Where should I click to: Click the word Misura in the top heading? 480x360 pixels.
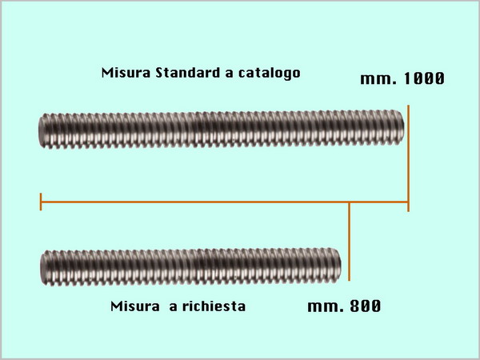click(x=126, y=73)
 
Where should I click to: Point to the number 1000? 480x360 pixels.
click(x=424, y=78)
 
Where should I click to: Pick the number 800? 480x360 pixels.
click(x=366, y=306)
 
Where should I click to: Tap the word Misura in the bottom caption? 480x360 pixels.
click(x=135, y=306)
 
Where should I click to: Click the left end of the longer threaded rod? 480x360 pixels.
click(x=39, y=130)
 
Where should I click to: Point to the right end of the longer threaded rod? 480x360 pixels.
click(x=403, y=126)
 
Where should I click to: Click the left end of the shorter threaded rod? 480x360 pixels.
click(x=42, y=268)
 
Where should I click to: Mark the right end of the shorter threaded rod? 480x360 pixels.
click(x=341, y=264)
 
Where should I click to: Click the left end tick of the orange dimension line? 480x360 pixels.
click(x=41, y=202)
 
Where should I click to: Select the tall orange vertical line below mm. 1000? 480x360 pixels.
click(x=408, y=158)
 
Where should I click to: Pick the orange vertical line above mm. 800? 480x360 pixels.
click(x=350, y=242)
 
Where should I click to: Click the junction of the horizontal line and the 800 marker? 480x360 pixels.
click(x=350, y=202)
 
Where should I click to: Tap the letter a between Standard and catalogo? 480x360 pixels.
click(x=229, y=74)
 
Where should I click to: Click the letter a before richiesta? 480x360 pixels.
click(x=174, y=307)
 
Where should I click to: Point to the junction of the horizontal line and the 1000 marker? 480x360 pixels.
click(x=408, y=202)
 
